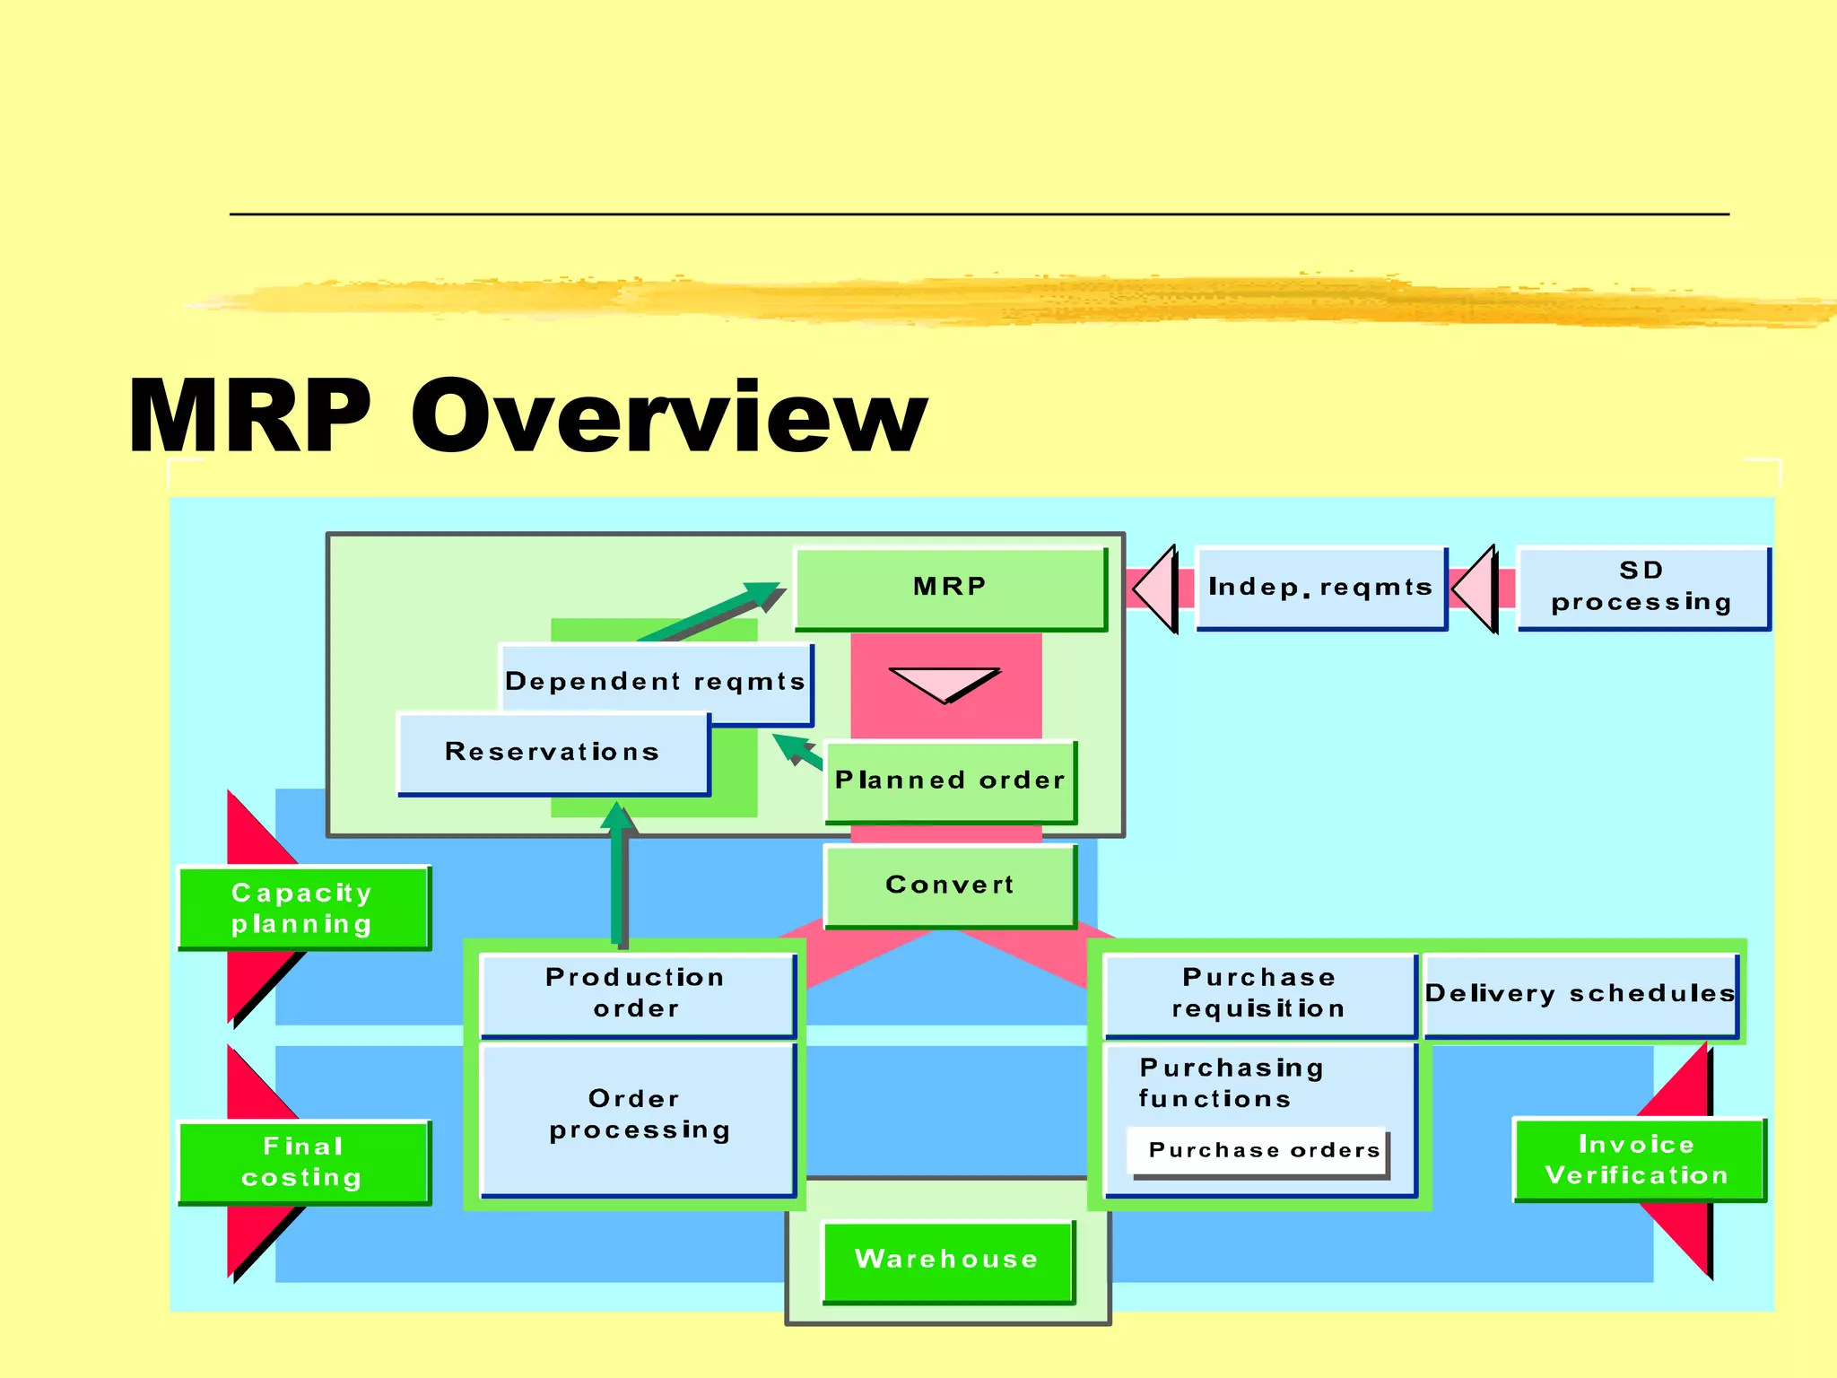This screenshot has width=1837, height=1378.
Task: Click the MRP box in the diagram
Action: click(951, 589)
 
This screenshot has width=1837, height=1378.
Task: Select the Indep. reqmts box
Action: click(1321, 589)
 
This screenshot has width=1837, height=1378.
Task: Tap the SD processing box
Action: click(1642, 588)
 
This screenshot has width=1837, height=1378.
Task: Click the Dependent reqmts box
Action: click(656, 681)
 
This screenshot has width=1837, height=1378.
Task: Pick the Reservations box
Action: click(553, 753)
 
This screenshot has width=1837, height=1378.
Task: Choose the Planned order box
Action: click(950, 781)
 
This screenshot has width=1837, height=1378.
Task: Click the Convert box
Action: click(950, 885)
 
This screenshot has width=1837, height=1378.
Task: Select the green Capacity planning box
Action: click(303, 908)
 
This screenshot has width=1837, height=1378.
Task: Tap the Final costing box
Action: click(303, 1162)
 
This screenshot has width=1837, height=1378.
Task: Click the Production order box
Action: click(637, 994)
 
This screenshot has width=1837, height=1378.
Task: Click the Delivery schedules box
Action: click(1580, 994)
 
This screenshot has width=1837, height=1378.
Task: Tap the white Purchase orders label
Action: click(1262, 1151)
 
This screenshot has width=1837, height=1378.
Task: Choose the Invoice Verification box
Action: click(1638, 1160)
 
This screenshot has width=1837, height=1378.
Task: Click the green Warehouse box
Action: click(947, 1260)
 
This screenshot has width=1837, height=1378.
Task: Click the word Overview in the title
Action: click(669, 416)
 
